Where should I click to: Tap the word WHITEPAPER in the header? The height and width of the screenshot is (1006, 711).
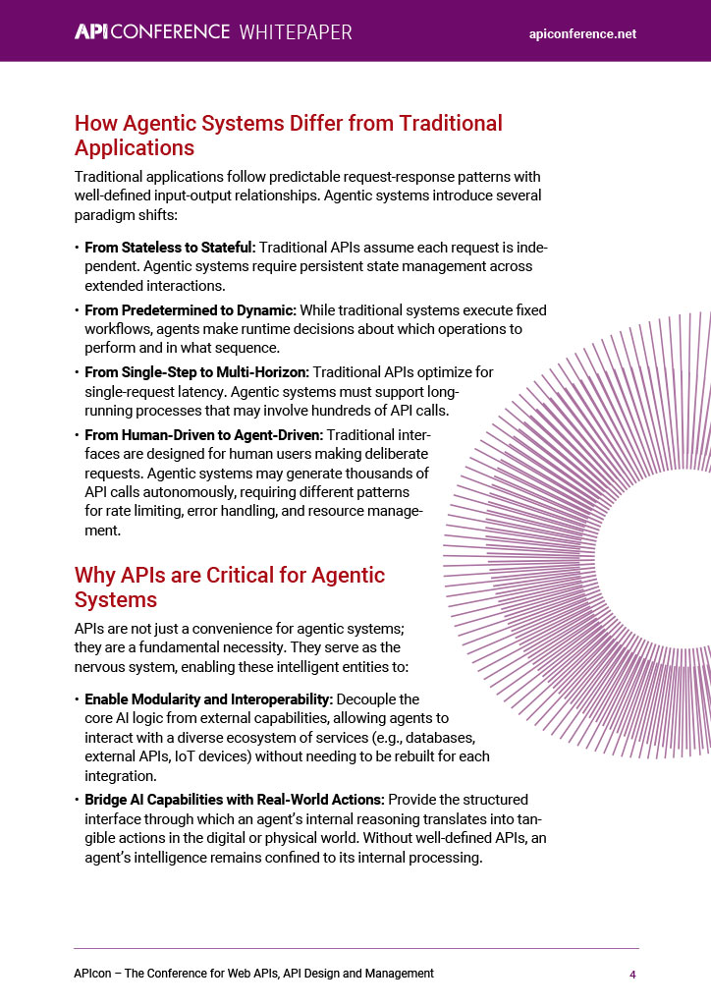(296, 31)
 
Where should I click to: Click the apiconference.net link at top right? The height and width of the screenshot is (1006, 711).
(582, 33)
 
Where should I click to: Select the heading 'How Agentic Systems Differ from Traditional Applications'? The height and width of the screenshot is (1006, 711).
(288, 136)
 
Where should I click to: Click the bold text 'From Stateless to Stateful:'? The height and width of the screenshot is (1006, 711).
(170, 248)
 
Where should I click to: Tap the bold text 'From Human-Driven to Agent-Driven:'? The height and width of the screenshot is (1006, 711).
(203, 434)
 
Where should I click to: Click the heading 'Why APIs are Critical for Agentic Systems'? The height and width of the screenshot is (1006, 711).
(230, 587)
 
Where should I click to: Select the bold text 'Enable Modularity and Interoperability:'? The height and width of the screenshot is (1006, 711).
(208, 699)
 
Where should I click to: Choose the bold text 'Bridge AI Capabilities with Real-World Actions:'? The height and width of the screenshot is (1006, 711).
(234, 799)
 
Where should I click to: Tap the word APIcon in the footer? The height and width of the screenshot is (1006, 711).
(93, 973)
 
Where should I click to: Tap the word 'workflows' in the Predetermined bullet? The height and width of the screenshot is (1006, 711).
(116, 328)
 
